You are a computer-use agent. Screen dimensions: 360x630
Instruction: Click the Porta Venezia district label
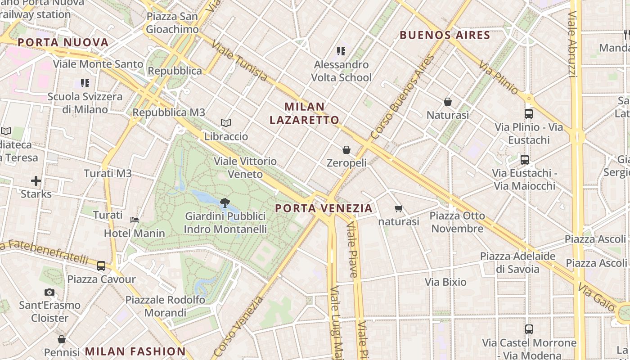pyautogui.click(x=324, y=208)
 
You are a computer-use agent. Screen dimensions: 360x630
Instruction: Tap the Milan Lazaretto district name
pyautogui.click(x=305, y=113)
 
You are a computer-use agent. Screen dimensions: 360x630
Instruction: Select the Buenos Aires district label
pyautogui.click(x=445, y=35)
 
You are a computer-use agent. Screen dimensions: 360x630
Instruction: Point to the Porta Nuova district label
pyautogui.click(x=63, y=43)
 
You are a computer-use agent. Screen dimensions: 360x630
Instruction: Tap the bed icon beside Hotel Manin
pyautogui.click(x=134, y=220)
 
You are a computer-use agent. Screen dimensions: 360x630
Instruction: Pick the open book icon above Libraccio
pyautogui.click(x=226, y=123)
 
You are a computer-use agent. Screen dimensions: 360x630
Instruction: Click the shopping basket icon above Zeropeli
pyautogui.click(x=346, y=150)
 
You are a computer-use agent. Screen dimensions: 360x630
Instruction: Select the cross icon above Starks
pyautogui.click(x=36, y=181)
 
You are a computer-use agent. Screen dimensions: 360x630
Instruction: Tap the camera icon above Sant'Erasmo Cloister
pyautogui.click(x=49, y=292)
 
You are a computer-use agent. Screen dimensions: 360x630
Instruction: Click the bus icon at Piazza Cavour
pyautogui.click(x=101, y=266)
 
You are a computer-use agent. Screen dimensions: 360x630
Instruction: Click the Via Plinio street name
pyautogui.click(x=498, y=77)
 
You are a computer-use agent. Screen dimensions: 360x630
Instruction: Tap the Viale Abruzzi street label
pyautogui.click(x=573, y=44)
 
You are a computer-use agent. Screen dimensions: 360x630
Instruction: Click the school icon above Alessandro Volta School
pyautogui.click(x=341, y=51)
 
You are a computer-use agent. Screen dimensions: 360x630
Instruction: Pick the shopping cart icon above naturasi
pyautogui.click(x=398, y=208)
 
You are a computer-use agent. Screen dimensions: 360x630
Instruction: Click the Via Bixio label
pyautogui.click(x=445, y=282)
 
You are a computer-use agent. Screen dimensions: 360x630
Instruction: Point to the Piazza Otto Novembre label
pyautogui.click(x=457, y=222)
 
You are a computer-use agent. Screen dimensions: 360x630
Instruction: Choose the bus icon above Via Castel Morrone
pyautogui.click(x=529, y=329)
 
